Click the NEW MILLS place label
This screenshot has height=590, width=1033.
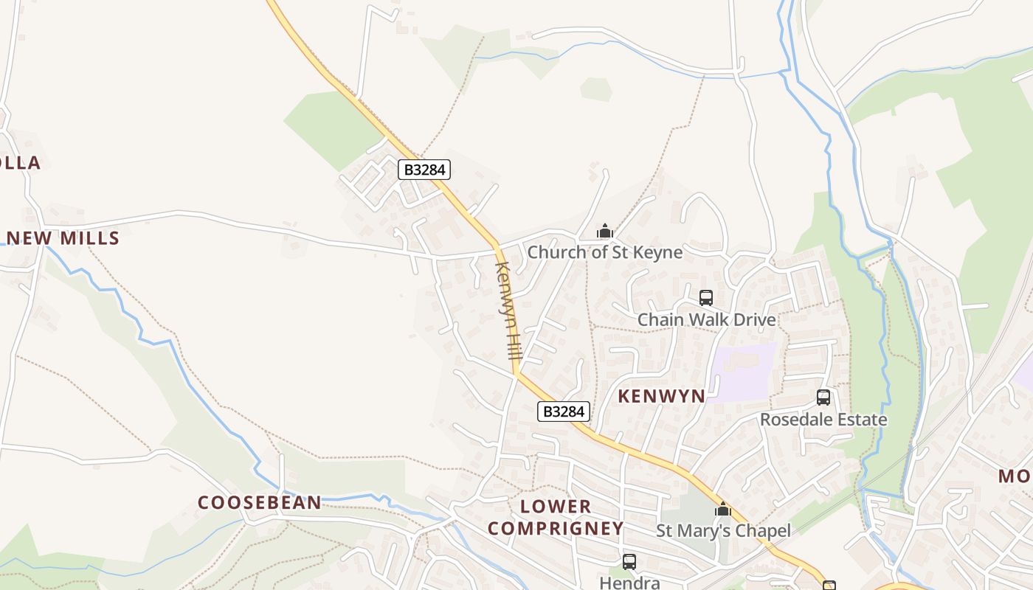(x=63, y=238)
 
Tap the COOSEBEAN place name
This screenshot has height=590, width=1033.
(x=260, y=503)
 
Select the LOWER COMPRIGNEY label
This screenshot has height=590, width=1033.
(x=556, y=518)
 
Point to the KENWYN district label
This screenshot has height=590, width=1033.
(x=661, y=396)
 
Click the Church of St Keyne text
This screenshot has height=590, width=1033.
(x=604, y=252)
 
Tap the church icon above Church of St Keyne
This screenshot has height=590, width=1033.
(x=605, y=232)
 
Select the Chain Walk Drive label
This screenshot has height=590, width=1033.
(x=706, y=320)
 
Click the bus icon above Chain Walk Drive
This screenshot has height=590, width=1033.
(x=706, y=298)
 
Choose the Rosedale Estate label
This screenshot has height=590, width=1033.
(x=823, y=420)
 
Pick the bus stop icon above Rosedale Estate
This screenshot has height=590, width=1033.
(x=823, y=398)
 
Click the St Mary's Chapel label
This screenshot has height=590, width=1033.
(x=723, y=531)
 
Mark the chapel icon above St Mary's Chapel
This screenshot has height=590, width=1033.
(x=723, y=509)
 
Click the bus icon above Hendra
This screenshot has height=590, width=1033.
(x=629, y=562)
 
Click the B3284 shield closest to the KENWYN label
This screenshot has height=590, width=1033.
(x=564, y=412)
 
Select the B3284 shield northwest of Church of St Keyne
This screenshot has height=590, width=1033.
(x=424, y=170)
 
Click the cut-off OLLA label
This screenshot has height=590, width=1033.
(x=20, y=163)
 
